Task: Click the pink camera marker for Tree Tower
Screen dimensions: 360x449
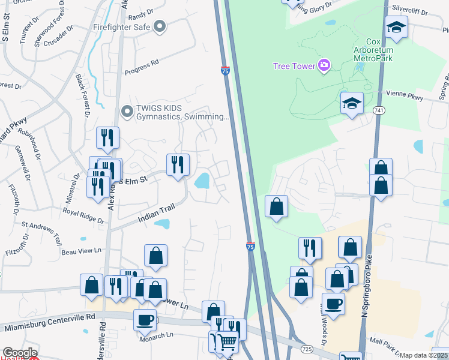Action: pyautogui.click(x=324, y=65)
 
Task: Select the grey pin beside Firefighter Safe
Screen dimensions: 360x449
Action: pyautogui.click(x=159, y=26)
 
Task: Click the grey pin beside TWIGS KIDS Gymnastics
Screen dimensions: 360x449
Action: pyautogui.click(x=127, y=110)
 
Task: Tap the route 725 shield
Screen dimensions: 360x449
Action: pyautogui.click(x=307, y=349)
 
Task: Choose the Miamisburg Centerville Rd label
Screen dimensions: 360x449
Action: pyautogui.click(x=49, y=322)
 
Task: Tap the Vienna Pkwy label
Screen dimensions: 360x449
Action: pyautogui.click(x=406, y=95)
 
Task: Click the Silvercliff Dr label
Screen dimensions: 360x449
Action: pyautogui.click(x=414, y=10)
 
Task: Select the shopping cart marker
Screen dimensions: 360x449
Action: pyautogui.click(x=226, y=342)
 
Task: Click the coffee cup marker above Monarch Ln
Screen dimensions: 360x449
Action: pyautogui.click(x=144, y=319)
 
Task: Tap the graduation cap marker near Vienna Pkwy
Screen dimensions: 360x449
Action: pyautogui.click(x=352, y=103)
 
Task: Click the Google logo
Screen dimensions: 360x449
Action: pyautogui.click(x=20, y=353)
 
